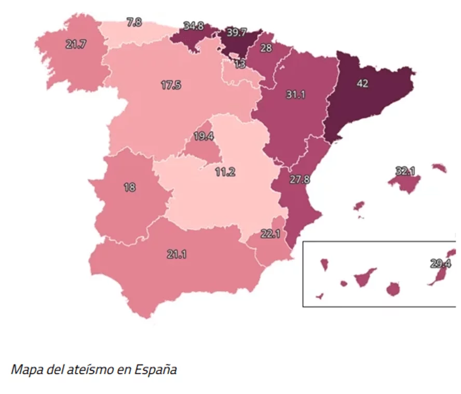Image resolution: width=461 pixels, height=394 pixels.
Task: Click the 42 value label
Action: point(363,83)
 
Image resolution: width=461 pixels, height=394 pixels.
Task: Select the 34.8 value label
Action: point(194,26)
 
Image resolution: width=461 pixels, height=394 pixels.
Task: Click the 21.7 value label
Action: point(76,44)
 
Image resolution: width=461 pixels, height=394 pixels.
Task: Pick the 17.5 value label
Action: point(171,86)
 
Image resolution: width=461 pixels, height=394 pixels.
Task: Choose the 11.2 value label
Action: point(225,172)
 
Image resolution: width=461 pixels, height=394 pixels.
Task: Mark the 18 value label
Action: point(129,188)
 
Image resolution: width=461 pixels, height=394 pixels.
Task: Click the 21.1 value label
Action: point(177,254)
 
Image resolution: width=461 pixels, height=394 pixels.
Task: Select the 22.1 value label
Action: point(270,234)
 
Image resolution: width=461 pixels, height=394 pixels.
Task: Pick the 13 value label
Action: point(240,64)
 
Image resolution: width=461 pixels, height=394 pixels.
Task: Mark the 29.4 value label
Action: point(441,264)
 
